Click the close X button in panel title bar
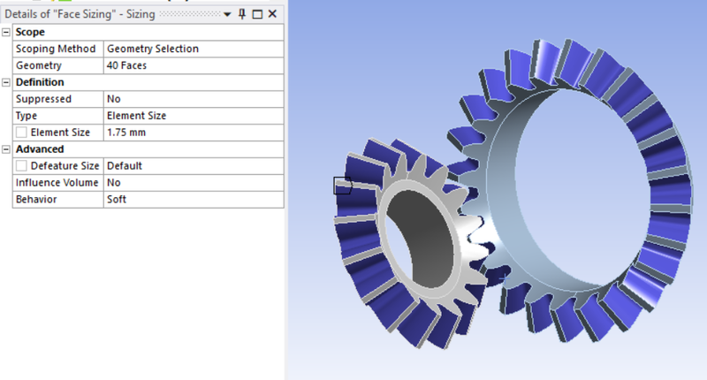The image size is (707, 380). coord(273,15)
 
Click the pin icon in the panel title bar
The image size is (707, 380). coord(242,15)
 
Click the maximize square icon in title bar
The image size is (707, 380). coord(257,15)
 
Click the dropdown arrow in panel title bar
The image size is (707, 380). coord(227,15)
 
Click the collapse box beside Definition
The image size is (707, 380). coord(6,82)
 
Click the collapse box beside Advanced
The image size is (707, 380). coord(6,149)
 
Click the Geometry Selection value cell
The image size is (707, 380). coord(152,49)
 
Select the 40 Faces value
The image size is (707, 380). coord(126,65)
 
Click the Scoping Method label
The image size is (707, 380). coord(55,49)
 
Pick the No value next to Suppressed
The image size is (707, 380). coord(113,99)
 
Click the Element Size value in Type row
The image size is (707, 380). coord(136,116)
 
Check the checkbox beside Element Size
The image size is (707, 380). coord(21,133)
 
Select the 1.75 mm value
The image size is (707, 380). coord(125,133)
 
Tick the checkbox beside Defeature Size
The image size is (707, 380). coord(21,166)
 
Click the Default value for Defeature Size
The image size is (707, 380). coord(125,166)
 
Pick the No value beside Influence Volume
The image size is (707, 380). coord(113,183)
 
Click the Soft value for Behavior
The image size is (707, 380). coord(117,200)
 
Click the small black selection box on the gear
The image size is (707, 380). coord(342,186)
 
